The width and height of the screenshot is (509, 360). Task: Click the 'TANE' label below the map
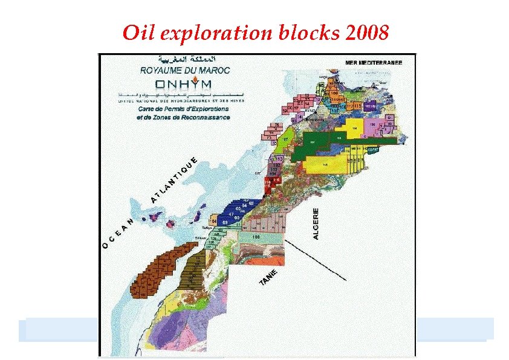pyautogui.click(x=269, y=278)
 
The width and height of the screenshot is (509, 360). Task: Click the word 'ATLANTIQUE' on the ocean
pyautogui.click(x=173, y=180)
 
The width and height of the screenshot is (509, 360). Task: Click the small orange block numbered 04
pyautogui.click(x=214, y=220)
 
